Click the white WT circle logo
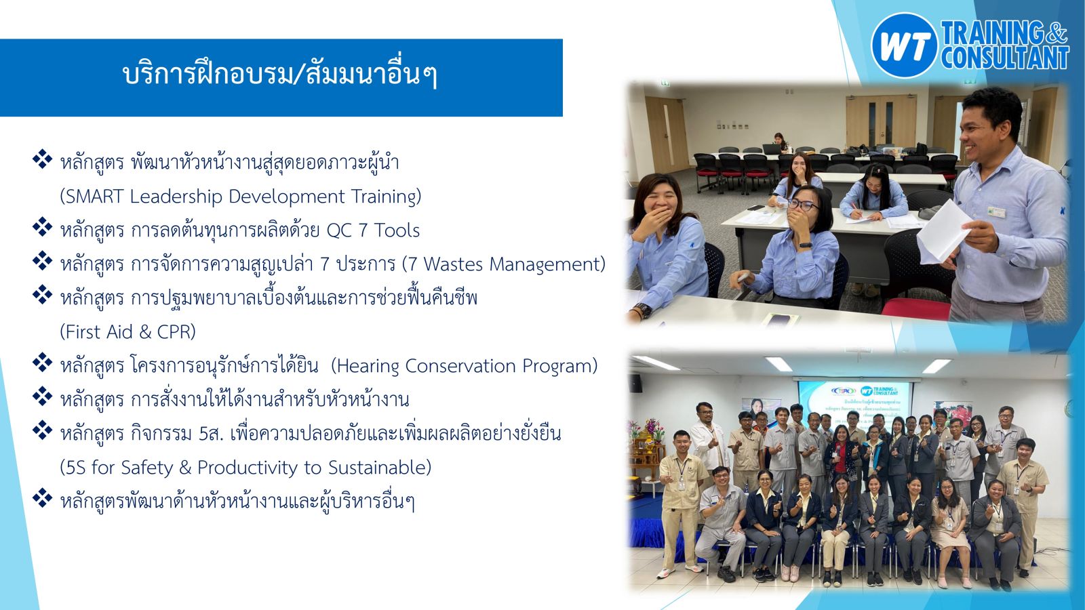coord(905,45)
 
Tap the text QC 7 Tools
coord(373,230)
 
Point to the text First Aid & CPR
coord(127,332)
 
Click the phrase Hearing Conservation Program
coord(464,366)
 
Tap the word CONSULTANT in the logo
coord(1005,58)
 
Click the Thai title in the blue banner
coord(281,76)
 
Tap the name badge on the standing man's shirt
coord(997,211)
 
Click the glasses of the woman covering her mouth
coord(803,205)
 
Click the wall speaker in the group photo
coord(635,383)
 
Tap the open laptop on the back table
coord(771,148)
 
